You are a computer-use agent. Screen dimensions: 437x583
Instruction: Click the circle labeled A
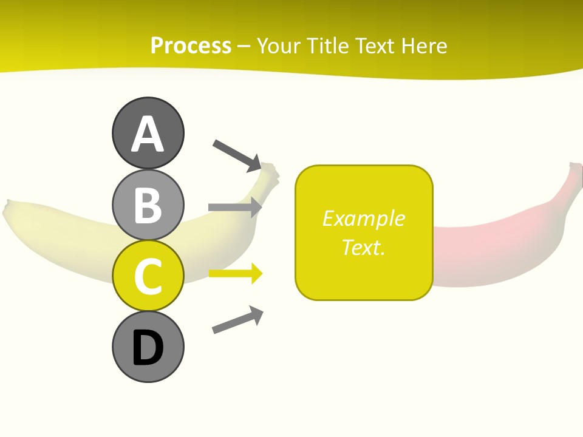(x=148, y=133)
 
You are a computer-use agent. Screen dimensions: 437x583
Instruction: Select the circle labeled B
(x=148, y=205)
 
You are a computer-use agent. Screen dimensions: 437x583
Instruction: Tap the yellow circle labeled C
(x=148, y=276)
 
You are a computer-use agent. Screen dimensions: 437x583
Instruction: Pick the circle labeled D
(x=148, y=347)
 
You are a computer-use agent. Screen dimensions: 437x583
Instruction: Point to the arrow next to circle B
(x=234, y=207)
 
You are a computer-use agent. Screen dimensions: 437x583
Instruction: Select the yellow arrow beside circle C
(x=235, y=274)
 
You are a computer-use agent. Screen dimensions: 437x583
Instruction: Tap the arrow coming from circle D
(x=237, y=320)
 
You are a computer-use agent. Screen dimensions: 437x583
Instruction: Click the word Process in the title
(x=191, y=46)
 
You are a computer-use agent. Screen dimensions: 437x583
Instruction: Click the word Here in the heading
(x=424, y=46)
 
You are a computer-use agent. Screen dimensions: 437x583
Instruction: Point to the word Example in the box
(x=363, y=218)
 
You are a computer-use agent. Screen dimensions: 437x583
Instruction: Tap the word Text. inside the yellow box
(x=363, y=247)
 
